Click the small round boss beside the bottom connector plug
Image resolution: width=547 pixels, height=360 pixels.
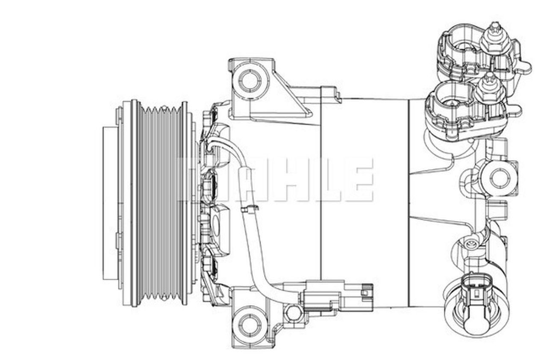[x=293, y=312]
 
